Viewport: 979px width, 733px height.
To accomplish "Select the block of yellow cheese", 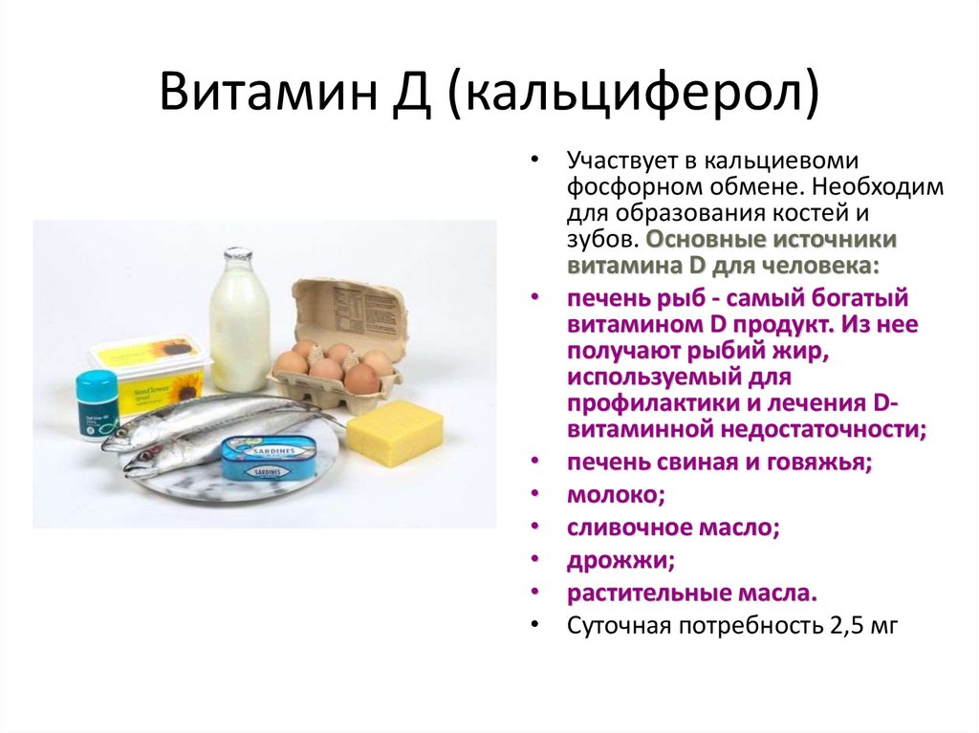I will (394, 432).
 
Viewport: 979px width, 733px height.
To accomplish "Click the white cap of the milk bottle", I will (237, 254).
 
